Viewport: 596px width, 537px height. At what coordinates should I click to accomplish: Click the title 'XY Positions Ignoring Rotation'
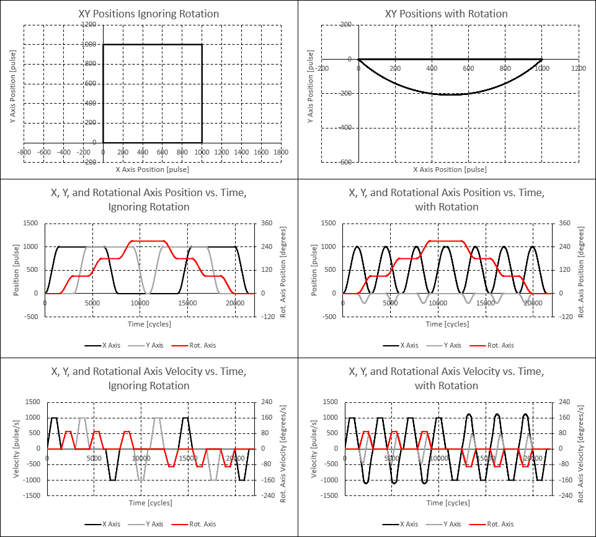point(149,14)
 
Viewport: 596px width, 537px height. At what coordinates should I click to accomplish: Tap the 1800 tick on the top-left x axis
point(281,151)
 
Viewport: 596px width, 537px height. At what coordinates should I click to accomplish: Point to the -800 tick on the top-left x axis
point(24,151)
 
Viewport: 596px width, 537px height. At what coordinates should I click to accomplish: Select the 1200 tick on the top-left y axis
point(89,24)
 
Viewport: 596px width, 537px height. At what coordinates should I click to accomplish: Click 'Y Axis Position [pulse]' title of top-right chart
point(311,93)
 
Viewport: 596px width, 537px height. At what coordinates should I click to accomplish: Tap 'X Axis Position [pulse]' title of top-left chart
point(152,169)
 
